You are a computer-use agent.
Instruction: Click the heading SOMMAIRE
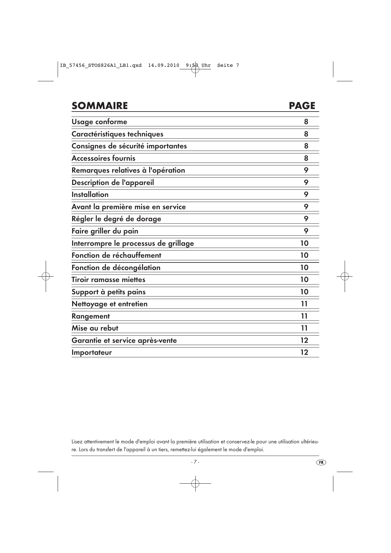point(100,106)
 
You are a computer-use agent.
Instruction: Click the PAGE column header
point(302,106)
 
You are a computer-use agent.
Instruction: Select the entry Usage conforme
point(99,122)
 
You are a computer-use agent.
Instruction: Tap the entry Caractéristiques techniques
point(117,134)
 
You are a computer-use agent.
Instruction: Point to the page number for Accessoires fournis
point(306,158)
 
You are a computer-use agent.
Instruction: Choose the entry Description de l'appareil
point(113,183)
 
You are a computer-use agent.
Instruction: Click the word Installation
point(90,195)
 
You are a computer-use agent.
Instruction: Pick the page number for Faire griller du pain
point(306,231)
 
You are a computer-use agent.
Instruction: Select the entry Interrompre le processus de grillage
point(133,244)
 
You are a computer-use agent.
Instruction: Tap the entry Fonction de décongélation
point(116,268)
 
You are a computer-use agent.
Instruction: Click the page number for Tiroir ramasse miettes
point(304,279)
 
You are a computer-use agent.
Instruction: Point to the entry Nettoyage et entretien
point(109,304)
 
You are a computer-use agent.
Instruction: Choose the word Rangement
point(91,316)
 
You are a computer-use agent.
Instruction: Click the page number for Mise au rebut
point(304,328)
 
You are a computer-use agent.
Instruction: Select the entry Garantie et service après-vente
point(124,341)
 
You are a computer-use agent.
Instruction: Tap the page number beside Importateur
point(304,352)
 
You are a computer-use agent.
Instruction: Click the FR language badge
point(321,462)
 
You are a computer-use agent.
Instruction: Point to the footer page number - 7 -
point(195,462)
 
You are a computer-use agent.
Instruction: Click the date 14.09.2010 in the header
point(163,66)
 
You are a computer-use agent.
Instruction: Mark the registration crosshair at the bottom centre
point(195,483)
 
